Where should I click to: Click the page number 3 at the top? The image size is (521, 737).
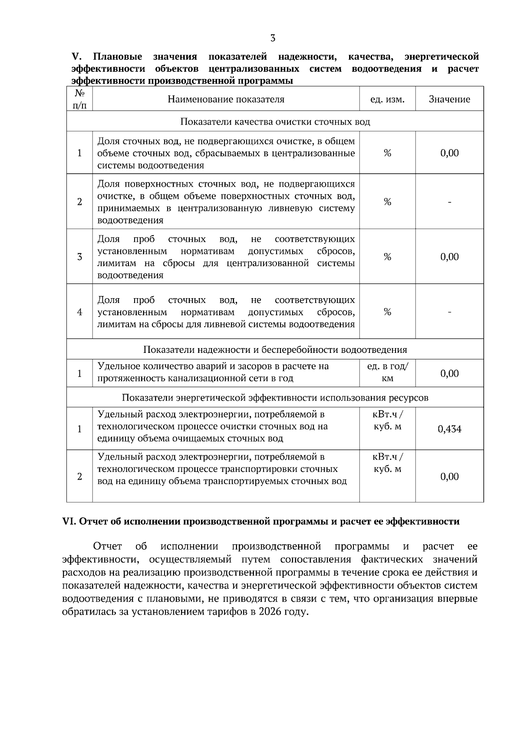point(273,38)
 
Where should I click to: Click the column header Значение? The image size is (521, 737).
point(449,99)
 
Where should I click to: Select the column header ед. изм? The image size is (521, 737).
point(387,99)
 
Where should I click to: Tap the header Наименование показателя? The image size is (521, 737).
point(226,99)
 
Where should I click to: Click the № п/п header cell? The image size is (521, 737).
point(79,99)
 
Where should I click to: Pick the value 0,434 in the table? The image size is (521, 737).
point(449,429)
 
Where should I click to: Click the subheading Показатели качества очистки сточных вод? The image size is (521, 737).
point(275,122)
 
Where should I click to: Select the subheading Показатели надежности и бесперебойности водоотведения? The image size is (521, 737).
point(275,350)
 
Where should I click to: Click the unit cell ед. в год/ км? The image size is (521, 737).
point(387,372)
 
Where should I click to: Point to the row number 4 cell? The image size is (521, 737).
point(79,312)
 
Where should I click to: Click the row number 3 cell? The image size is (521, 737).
point(79,257)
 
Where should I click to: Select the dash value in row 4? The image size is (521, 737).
point(449,312)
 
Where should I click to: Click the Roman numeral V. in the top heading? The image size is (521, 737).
point(76,57)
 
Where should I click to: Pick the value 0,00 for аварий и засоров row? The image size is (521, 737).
point(449,374)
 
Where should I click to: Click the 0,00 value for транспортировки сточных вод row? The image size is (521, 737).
point(449,477)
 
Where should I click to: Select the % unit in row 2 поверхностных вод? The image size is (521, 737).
point(387,202)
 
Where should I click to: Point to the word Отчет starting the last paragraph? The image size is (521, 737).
point(107,546)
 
